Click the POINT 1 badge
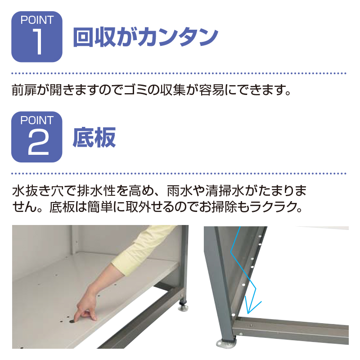click(x=37, y=37)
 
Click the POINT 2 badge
click(x=37, y=137)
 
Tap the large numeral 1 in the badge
click(x=38, y=42)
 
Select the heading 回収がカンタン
click(x=145, y=37)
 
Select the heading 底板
click(x=94, y=137)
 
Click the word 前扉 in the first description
click(x=24, y=90)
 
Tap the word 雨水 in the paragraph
click(x=180, y=191)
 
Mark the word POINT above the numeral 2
click(x=37, y=120)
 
